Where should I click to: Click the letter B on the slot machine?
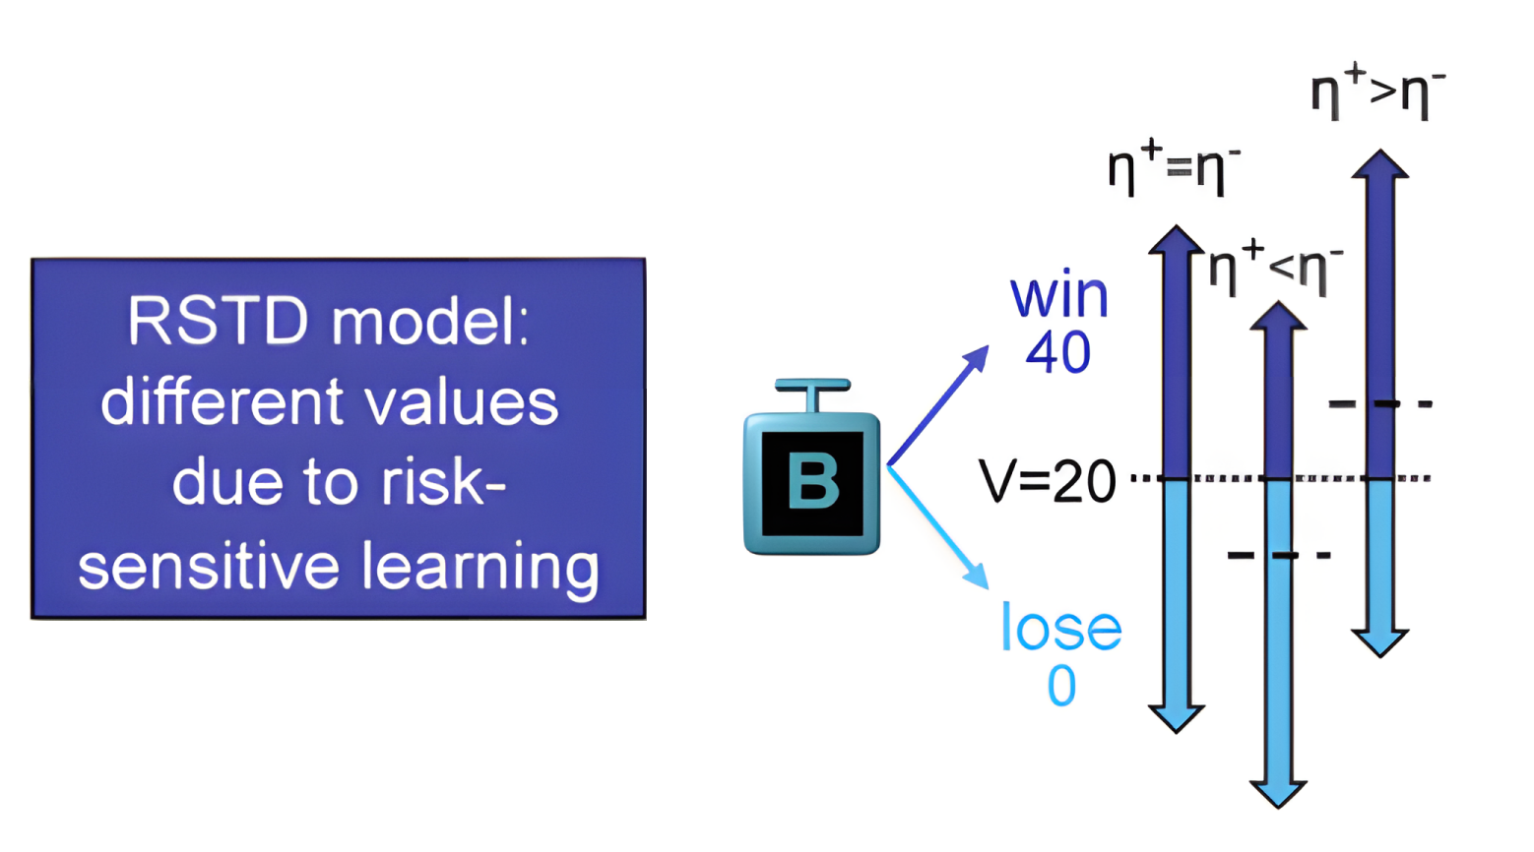(x=813, y=482)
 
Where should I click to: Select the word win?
(x=1059, y=296)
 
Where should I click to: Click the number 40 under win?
(x=1058, y=352)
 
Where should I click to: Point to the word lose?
(x=1060, y=628)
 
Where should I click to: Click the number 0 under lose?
(x=1061, y=686)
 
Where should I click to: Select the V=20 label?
(x=1048, y=481)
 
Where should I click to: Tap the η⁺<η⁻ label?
(x=1276, y=266)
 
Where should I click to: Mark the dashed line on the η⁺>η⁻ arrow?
(x=1379, y=403)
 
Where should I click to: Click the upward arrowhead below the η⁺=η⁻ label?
(x=1177, y=240)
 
